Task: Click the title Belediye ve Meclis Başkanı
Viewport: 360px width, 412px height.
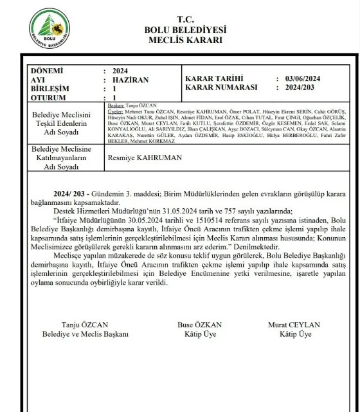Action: tap(85, 334)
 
